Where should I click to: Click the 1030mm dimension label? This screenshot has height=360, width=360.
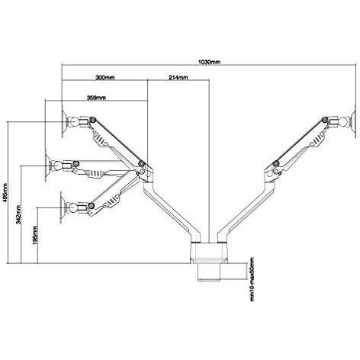[209, 62]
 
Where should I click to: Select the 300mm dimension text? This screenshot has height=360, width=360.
[105, 78]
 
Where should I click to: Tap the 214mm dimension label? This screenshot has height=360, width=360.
[178, 78]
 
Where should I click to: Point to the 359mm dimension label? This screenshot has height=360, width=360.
[97, 98]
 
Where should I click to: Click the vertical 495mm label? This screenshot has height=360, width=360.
[5, 192]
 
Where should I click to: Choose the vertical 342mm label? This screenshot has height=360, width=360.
[18, 214]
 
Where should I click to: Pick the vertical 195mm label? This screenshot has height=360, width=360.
[35, 235]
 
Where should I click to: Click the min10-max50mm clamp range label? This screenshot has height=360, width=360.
[252, 279]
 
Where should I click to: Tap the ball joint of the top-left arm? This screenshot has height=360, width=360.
[73, 121]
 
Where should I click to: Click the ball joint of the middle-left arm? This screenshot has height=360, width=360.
[57, 166]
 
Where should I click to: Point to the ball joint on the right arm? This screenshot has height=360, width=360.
[345, 121]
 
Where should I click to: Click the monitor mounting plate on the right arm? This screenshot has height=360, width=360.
[354, 121]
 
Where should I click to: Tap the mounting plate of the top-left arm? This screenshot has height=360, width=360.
[65, 122]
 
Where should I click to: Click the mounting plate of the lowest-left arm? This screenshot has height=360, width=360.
[63, 207]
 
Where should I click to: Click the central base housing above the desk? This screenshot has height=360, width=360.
[208, 252]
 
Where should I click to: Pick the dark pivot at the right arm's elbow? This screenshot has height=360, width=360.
[276, 163]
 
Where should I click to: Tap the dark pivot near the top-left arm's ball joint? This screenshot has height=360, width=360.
[92, 120]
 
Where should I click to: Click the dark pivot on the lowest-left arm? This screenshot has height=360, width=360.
[91, 206]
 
